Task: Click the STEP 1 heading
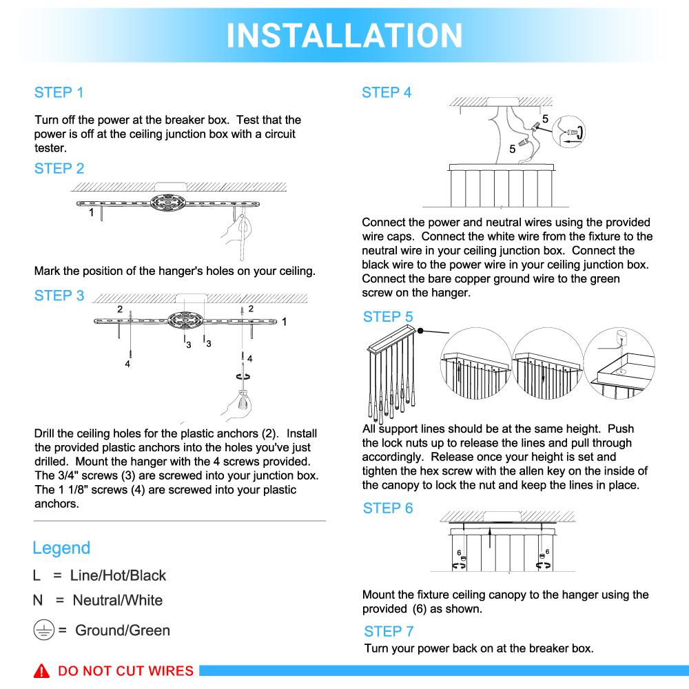tap(59, 93)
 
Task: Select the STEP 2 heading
tap(59, 169)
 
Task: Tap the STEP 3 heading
tap(59, 296)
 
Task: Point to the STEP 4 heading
tap(387, 93)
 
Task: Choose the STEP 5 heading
tap(388, 317)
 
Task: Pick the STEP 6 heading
tap(388, 508)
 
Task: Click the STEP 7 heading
tap(389, 631)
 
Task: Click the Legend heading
tap(61, 548)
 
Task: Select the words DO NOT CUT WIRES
tap(125, 671)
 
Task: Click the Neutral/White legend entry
tap(117, 600)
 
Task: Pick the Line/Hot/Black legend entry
tap(119, 576)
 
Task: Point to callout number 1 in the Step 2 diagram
tap(91, 214)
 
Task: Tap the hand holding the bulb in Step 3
tap(241, 402)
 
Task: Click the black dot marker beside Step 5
tap(419, 331)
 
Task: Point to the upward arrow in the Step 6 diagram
tap(489, 534)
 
